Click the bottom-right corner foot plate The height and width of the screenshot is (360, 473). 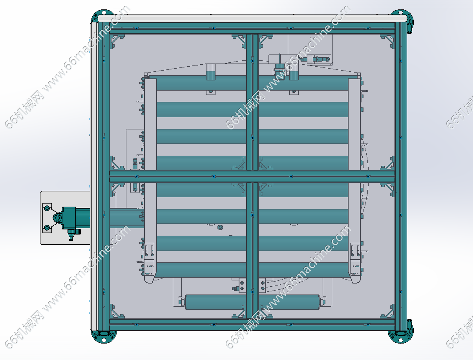[x=401, y=334]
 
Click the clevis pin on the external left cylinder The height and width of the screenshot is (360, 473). [x=57, y=218]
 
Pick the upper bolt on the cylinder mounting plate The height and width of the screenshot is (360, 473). [x=47, y=208]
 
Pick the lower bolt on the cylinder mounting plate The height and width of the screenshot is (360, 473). [x=47, y=227]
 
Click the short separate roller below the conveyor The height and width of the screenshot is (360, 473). [x=252, y=302]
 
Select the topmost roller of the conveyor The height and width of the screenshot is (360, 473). [x=252, y=83]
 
